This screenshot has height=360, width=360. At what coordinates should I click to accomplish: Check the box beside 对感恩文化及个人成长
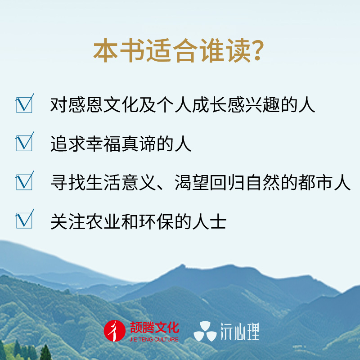coord(24,104)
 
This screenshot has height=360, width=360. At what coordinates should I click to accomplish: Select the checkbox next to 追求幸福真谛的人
coord(24,142)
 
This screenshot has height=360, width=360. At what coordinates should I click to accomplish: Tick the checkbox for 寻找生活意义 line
coord(24,181)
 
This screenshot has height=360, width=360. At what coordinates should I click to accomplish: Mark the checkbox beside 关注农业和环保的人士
coord(24,220)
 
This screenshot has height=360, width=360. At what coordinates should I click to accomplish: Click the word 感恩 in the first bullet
coord(85,105)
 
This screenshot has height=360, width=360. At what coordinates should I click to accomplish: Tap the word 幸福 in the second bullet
coord(103,144)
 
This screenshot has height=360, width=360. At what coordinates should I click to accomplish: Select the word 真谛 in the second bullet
coord(139,144)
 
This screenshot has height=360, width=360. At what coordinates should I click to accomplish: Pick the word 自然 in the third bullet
coord(262,183)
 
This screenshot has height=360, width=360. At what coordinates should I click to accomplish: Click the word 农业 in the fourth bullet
coord(103,221)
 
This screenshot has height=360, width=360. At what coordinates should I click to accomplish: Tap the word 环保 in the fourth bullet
coord(156,221)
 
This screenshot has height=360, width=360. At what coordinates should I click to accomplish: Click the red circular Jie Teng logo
coord(115,331)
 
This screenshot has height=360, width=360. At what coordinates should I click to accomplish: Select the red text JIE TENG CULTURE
coord(154,339)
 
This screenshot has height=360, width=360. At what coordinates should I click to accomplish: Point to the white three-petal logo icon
coord(205,331)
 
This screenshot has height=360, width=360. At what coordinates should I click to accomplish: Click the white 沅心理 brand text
coord(240,331)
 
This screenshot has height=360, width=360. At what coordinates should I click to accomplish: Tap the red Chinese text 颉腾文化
coord(154,328)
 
